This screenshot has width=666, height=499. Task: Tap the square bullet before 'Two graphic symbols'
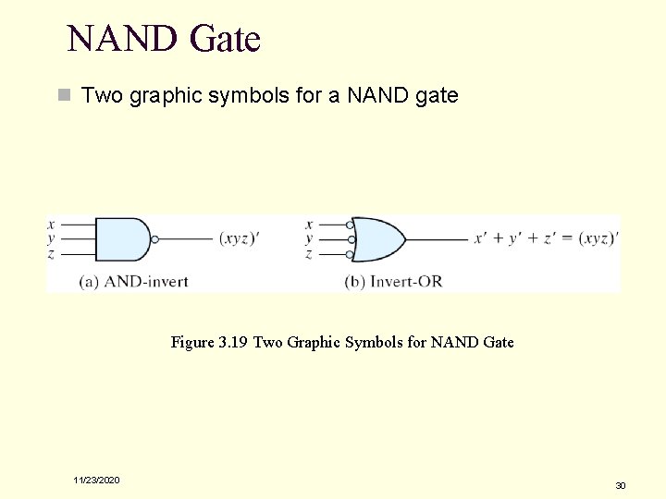click(x=64, y=95)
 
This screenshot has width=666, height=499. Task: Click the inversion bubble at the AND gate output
click(x=154, y=239)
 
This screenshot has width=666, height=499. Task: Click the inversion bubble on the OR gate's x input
click(x=350, y=225)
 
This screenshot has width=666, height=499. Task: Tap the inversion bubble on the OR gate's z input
click(x=350, y=254)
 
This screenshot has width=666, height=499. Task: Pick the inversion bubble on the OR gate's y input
click(x=350, y=239)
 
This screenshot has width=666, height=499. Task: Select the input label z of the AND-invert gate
click(x=51, y=254)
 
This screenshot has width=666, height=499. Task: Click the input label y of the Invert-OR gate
click(x=309, y=239)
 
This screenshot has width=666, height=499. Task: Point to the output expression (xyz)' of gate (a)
click(x=240, y=238)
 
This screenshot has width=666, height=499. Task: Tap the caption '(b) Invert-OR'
click(x=393, y=281)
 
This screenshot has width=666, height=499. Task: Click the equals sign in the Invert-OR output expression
click(x=568, y=238)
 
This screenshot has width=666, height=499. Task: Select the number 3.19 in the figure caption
click(x=232, y=343)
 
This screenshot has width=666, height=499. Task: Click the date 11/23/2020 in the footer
click(x=97, y=480)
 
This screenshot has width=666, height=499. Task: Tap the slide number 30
click(x=621, y=484)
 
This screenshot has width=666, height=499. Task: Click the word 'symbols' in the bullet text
click(x=256, y=95)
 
